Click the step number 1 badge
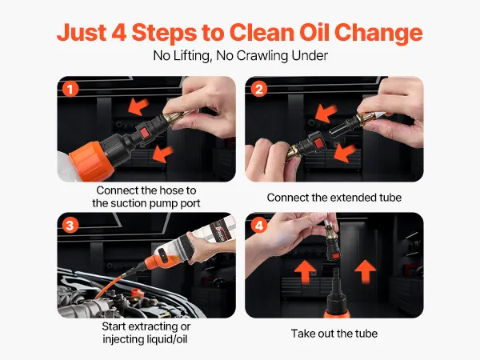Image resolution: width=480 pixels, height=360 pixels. (x=70, y=90)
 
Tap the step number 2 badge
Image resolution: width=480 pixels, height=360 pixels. (x=258, y=90)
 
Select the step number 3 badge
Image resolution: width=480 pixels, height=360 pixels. (x=70, y=226)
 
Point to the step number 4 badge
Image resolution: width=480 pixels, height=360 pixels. (x=258, y=226)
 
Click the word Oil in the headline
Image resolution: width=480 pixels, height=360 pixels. (x=314, y=32)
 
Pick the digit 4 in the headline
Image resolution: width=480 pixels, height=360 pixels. (x=118, y=33)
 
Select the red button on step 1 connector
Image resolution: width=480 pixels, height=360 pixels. (x=143, y=134)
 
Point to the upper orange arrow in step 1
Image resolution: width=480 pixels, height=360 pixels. (x=138, y=106)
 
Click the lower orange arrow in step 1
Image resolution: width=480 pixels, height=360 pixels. (x=162, y=154)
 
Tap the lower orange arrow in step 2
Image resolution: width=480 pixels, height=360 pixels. (x=345, y=154)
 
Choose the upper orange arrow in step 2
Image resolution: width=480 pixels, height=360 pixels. (x=326, y=113)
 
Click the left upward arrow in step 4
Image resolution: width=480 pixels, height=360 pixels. (x=305, y=271)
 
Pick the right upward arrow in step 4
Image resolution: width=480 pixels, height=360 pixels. (x=365, y=271)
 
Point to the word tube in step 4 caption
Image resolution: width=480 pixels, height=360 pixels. (x=366, y=334)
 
